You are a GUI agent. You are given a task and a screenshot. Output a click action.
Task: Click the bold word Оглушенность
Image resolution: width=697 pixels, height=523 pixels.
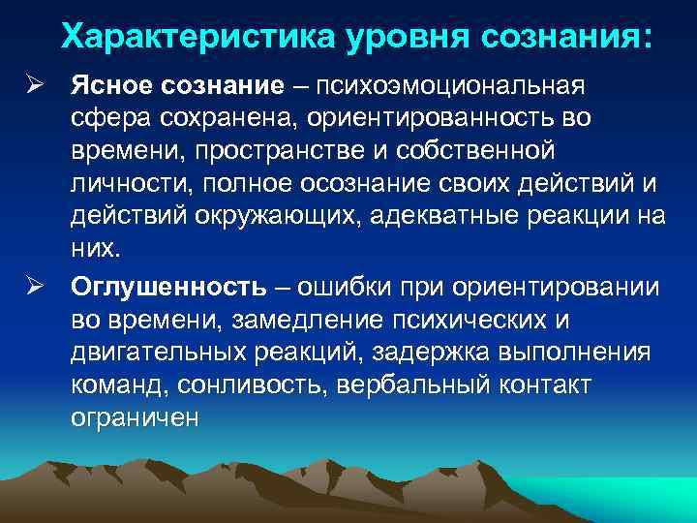point(167,288)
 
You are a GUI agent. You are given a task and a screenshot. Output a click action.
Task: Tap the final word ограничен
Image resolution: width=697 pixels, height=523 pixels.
point(134,416)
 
